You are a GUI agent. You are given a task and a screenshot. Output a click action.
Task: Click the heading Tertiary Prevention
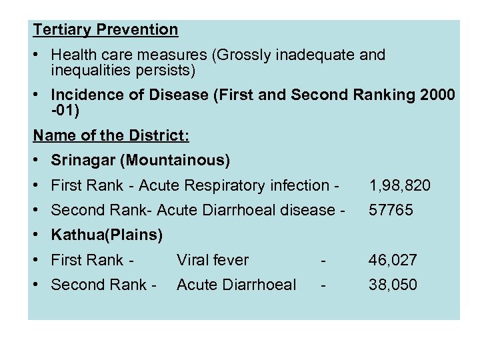pos(105,29)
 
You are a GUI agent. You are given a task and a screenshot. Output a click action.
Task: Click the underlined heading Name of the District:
pos(111,135)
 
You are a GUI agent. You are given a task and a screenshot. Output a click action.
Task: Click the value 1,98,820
pos(400,185)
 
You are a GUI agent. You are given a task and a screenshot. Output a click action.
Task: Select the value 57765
pos(391,210)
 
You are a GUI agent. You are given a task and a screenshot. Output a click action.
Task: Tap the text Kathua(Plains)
pos(107,235)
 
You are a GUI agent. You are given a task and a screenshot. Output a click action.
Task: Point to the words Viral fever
pos(212,260)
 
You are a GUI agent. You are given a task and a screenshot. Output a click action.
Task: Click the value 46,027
pos(393,260)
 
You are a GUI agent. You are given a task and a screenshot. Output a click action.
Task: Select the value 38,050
pos(393,285)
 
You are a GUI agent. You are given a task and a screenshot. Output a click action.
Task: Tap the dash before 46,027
pos(323,260)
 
